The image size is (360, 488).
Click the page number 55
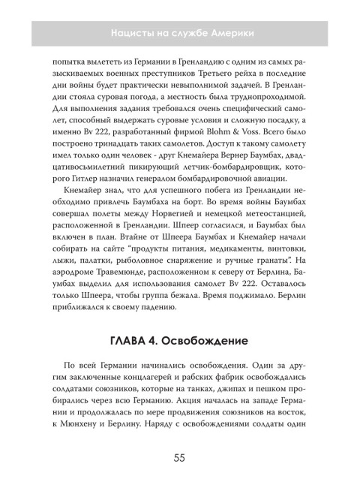coord(180,457)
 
